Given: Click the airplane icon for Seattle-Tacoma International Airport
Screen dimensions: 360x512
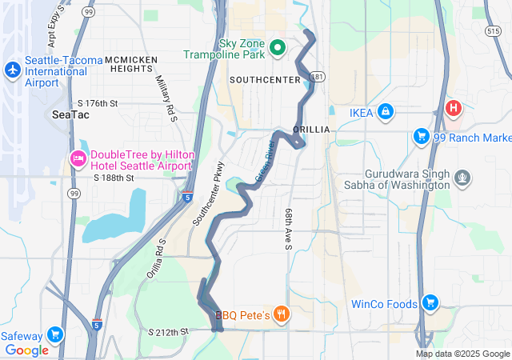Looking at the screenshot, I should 12,70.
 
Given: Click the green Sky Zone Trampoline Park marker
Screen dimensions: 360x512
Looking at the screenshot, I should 278,48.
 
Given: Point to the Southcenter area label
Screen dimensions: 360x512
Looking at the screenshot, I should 263,80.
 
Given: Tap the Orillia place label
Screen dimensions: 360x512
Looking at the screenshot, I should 311,129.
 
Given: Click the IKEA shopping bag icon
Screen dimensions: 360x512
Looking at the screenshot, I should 385,111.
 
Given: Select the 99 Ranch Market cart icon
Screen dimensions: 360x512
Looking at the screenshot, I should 421,136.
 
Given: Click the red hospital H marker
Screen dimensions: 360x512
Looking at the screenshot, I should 454,108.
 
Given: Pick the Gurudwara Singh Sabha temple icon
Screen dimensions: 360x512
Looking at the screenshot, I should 462,176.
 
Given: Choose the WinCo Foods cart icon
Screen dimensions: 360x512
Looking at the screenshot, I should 430,303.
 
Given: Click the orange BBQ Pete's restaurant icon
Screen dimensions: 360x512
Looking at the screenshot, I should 281,314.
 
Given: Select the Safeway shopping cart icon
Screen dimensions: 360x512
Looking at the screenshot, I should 54,334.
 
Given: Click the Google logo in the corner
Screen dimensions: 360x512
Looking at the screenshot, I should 26,350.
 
